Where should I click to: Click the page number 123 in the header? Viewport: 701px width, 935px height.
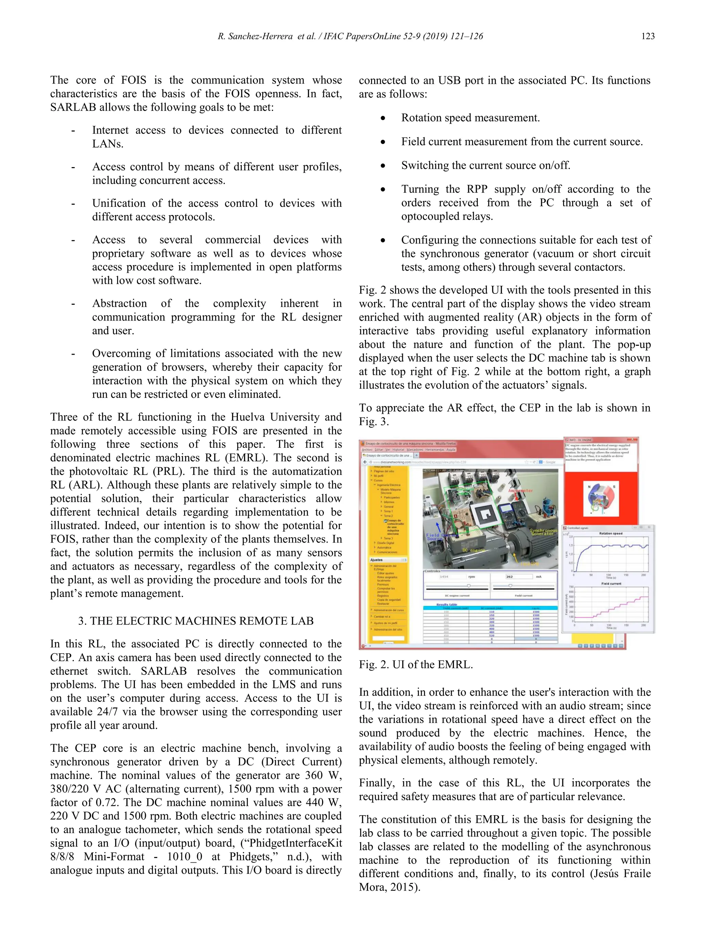648,36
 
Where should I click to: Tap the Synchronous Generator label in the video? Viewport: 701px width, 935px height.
544,532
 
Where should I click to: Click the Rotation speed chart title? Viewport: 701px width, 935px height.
611,533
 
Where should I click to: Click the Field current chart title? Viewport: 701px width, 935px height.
611,584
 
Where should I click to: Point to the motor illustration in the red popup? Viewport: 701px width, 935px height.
600,499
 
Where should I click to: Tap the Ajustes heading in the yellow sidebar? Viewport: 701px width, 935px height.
377,560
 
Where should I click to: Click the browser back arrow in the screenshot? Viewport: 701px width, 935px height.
365,462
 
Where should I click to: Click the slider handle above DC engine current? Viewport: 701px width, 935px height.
469,586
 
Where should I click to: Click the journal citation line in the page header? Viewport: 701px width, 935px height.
350,36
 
